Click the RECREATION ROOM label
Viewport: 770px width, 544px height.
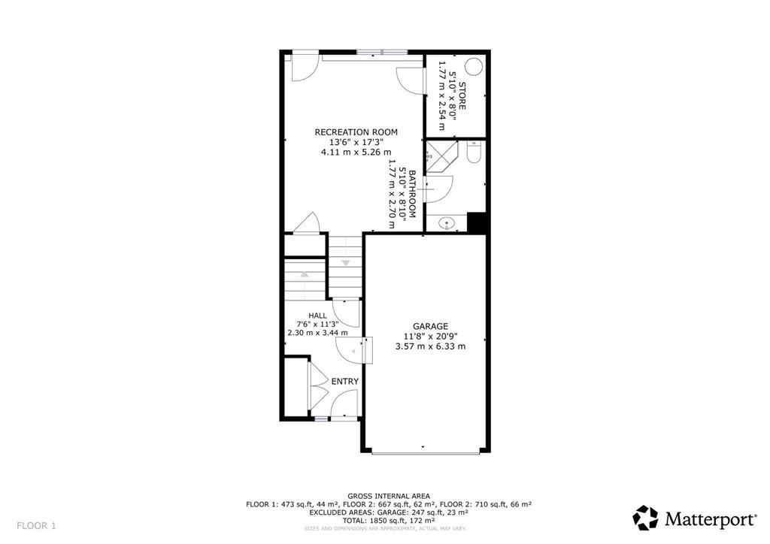(x=356, y=132)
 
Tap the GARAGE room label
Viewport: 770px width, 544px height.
(x=430, y=326)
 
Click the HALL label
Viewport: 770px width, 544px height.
(x=317, y=315)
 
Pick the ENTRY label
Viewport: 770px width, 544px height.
(x=344, y=382)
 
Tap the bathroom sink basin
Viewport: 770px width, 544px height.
(x=446, y=223)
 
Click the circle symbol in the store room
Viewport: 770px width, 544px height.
(x=474, y=67)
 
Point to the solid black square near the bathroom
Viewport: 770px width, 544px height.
(x=477, y=223)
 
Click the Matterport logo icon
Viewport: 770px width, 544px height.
(x=645, y=518)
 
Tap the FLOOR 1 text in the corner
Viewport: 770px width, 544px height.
(x=36, y=525)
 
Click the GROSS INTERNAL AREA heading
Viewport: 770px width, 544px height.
(x=389, y=496)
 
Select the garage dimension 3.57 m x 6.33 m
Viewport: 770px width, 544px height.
(x=430, y=346)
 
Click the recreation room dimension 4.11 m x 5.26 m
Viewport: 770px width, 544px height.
(x=356, y=152)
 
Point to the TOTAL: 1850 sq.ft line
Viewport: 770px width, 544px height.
(x=389, y=520)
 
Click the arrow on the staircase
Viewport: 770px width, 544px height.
(x=346, y=262)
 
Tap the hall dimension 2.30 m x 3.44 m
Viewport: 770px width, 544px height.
(x=317, y=332)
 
